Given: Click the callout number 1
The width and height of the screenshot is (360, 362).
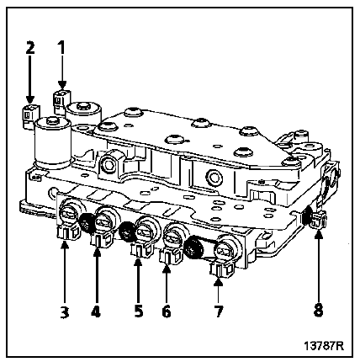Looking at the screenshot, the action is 61,47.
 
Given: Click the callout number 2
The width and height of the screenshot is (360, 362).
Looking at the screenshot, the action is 30,47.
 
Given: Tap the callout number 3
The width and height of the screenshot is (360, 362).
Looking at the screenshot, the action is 65,311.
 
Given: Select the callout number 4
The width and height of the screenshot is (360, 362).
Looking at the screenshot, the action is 96,311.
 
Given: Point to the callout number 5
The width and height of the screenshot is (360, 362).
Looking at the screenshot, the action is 138,311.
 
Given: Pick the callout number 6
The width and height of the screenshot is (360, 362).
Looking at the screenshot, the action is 166,311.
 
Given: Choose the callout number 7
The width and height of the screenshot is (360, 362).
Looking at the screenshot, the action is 218,311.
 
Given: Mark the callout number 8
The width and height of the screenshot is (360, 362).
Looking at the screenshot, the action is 318,310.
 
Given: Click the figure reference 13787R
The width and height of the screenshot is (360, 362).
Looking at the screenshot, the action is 324,345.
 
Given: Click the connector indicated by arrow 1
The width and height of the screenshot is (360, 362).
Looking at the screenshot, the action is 61,101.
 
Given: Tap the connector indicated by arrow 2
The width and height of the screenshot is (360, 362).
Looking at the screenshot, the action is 30,116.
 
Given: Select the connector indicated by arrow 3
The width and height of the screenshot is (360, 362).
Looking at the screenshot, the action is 68,232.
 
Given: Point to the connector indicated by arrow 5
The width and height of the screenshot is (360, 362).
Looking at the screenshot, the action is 141,248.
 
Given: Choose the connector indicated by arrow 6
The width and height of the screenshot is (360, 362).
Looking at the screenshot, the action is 170,255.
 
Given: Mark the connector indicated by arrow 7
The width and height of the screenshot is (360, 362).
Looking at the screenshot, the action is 222,270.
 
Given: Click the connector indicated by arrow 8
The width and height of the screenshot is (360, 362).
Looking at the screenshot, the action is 317,221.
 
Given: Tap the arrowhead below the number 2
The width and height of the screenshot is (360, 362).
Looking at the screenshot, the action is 30,99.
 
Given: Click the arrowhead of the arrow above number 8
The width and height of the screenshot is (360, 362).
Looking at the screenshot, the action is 318,234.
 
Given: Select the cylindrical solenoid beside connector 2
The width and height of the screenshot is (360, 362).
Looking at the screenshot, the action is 52,143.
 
